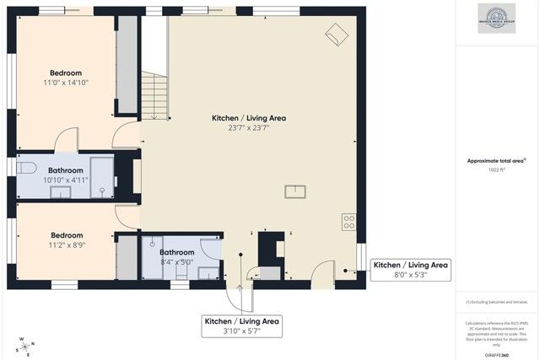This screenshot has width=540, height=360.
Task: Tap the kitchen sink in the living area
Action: pyautogui.click(x=295, y=191)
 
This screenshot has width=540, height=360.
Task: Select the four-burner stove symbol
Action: pyautogui.click(x=348, y=222)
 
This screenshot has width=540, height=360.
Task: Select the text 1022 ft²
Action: pyautogui.click(x=497, y=169)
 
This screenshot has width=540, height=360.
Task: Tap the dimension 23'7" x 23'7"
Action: pyautogui.click(x=248, y=128)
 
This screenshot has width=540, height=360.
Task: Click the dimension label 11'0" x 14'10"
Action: pyautogui.click(x=66, y=83)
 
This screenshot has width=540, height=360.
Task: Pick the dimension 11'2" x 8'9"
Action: pyautogui.click(x=66, y=245)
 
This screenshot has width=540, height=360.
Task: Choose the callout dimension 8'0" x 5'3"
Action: pyautogui.click(x=411, y=274)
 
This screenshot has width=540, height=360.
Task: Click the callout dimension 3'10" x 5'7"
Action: pyautogui.click(x=241, y=331)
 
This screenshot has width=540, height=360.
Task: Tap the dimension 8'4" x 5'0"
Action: pyautogui.click(x=177, y=262)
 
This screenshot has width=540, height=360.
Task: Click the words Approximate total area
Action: pyautogui.click(x=495, y=160)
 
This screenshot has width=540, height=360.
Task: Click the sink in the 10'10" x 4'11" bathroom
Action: pyautogui.click(x=60, y=191)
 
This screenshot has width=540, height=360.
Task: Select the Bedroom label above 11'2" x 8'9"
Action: pyautogui.click(x=66, y=235)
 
